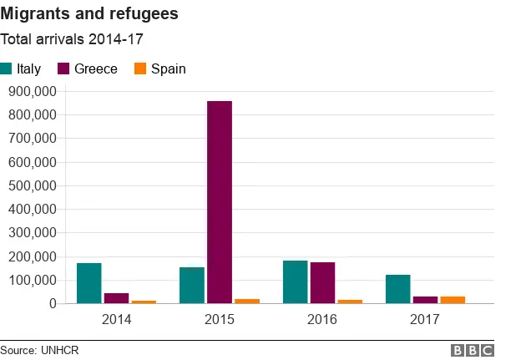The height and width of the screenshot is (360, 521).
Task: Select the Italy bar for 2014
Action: [89, 283]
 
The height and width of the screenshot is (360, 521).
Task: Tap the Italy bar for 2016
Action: [295, 282]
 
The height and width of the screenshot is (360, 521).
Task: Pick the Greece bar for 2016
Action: [322, 283]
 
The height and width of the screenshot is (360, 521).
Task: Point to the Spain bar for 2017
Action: [453, 300]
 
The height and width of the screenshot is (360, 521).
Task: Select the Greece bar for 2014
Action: [116, 298]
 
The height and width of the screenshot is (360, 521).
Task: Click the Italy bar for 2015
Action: [192, 286]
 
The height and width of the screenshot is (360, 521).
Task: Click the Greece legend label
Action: [95, 68]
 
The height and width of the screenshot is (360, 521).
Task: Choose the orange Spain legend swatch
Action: [139, 68]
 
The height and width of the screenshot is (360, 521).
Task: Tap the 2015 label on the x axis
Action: [219, 320]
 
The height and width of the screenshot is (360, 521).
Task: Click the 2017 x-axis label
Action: [425, 320]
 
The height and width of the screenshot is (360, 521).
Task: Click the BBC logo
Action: [472, 350]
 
